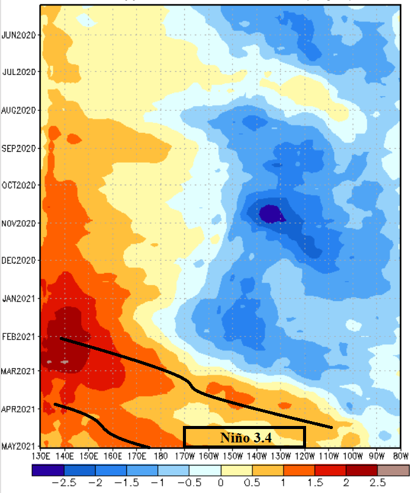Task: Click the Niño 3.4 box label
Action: pos(244,436)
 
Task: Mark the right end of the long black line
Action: pos(332,427)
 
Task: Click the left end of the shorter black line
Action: pos(55,404)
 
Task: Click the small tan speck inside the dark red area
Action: pos(65,362)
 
